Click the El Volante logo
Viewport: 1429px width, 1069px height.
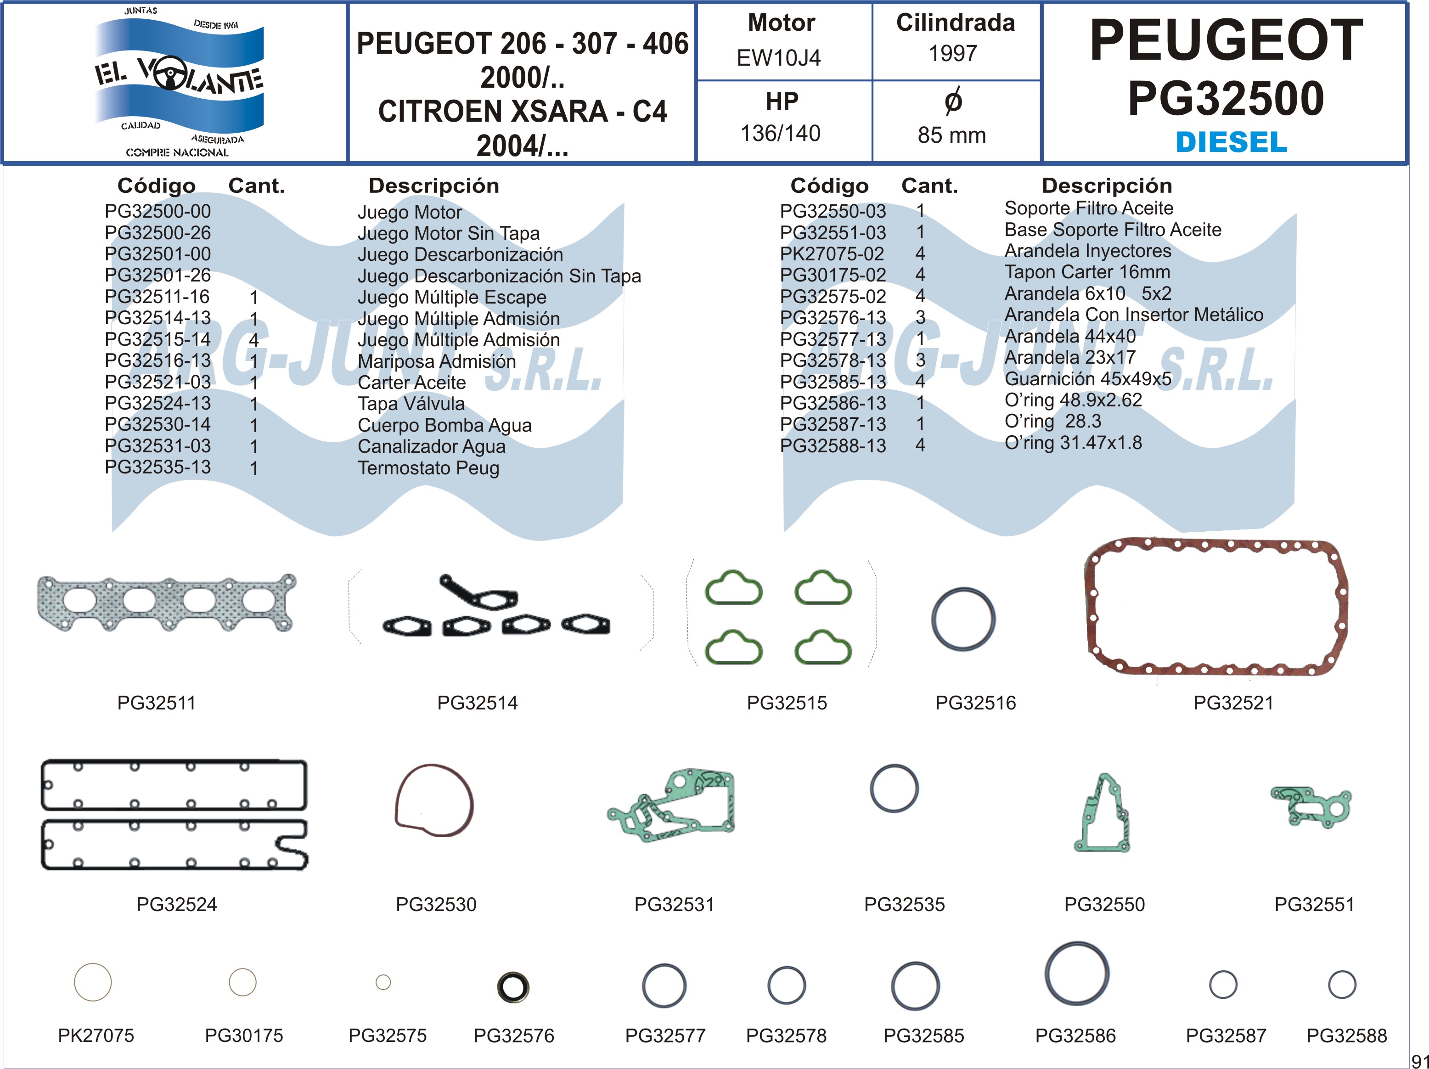coord(178,81)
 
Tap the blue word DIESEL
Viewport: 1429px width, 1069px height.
coord(1231,142)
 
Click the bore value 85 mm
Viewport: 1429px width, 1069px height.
coord(951,135)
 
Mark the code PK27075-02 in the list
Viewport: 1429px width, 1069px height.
coord(832,254)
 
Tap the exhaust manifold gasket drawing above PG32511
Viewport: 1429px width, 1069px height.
coord(167,602)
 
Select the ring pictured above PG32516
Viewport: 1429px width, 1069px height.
coord(963,619)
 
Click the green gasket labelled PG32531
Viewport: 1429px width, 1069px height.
coord(672,806)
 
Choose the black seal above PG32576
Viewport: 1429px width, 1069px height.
coord(513,987)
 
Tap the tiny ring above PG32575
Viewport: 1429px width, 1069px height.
coord(383,983)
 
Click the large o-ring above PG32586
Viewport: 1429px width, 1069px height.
coord(1077,973)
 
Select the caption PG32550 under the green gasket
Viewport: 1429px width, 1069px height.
coord(1104,904)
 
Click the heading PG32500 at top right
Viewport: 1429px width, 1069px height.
coord(1226,98)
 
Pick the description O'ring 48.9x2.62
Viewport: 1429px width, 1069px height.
coord(1073,400)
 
